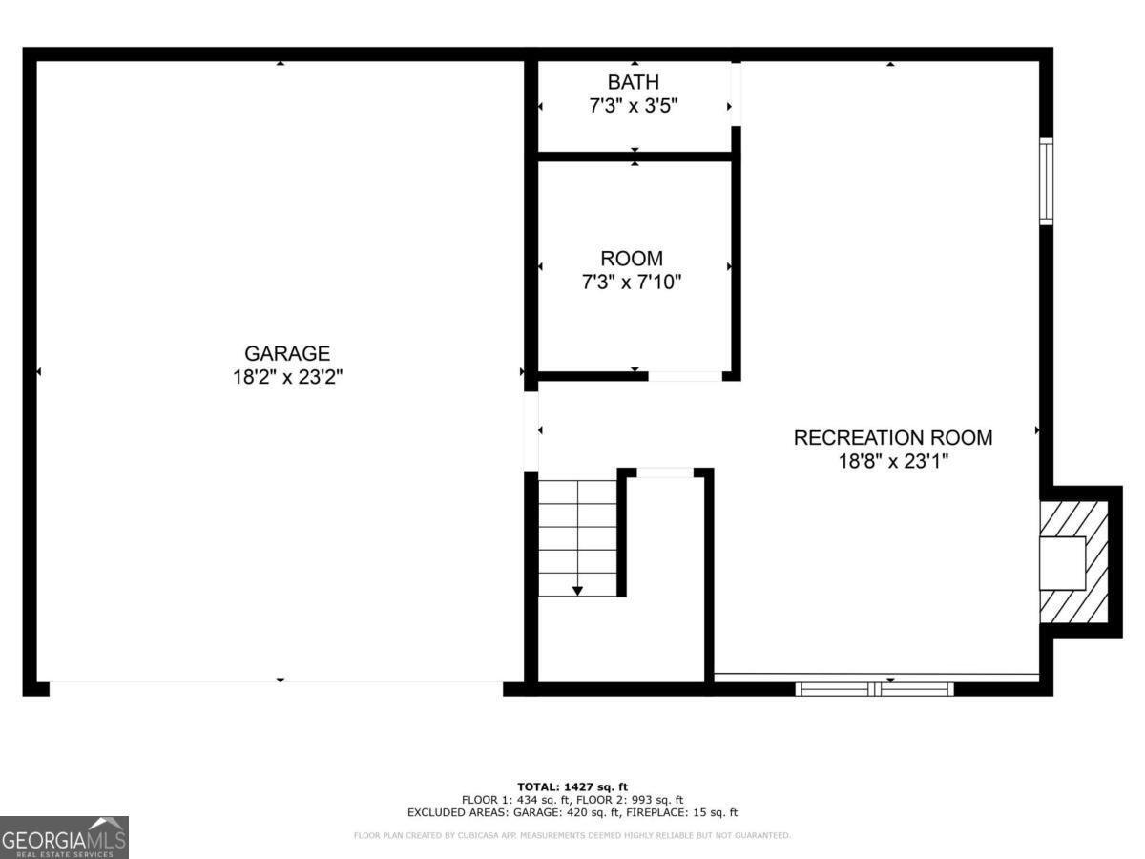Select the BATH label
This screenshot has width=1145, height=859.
click(x=634, y=83)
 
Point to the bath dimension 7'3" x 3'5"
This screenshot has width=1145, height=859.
click(x=634, y=106)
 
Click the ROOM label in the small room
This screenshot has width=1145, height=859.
click(x=632, y=259)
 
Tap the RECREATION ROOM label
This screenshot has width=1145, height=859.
click(x=893, y=438)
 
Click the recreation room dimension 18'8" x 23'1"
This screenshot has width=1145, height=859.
click(x=893, y=462)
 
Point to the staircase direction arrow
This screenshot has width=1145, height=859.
click(x=577, y=591)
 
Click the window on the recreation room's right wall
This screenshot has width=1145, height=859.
click(x=1046, y=181)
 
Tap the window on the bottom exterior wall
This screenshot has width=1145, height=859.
click(x=875, y=688)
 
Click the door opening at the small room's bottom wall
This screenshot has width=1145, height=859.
click(x=685, y=376)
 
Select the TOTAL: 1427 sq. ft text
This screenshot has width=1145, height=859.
click(x=572, y=786)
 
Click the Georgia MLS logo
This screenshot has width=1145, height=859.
click(x=64, y=837)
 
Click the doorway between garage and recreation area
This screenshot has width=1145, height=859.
click(x=531, y=431)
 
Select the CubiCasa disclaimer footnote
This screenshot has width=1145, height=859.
click(x=572, y=836)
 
